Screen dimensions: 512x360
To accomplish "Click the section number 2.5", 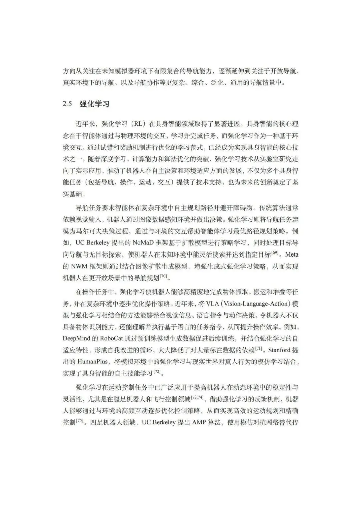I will tap(67, 104).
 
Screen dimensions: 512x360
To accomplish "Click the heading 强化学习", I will tap(95, 104).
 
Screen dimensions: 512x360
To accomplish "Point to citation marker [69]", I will tap(275, 252).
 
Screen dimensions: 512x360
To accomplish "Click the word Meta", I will tap(292, 254).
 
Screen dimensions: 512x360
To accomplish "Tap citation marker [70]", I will tap(163, 276).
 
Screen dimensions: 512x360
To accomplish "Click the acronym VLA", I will tap(214, 304).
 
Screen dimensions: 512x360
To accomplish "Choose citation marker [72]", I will tap(157, 371).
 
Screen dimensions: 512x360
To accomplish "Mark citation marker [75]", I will tap(80, 420).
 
